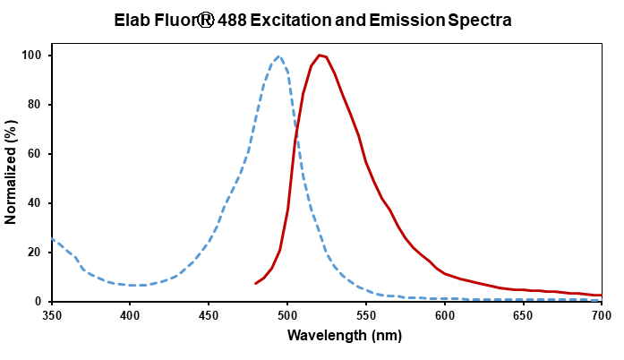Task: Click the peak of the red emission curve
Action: point(320,56)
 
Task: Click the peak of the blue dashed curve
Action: point(279,56)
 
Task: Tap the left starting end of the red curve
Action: point(256,284)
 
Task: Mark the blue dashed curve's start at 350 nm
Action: point(52,239)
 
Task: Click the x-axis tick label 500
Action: point(287,315)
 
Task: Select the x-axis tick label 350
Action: point(52,315)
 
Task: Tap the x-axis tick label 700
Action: point(602,315)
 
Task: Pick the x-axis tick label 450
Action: point(209,315)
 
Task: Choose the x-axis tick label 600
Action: point(444,315)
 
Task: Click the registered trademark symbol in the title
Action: point(217,18)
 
